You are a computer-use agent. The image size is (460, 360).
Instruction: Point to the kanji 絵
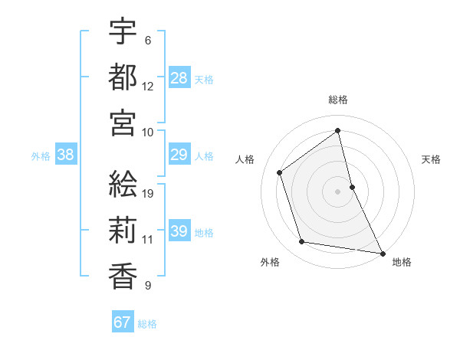pos(123,183)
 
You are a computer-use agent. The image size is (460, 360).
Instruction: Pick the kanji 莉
pos(123,229)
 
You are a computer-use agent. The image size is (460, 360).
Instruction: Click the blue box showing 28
pos(179,77)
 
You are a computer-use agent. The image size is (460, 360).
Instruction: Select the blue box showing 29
pos(179,155)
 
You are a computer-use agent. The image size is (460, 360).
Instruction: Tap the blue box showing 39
pos(179,231)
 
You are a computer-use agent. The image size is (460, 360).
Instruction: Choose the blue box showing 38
pos(66,155)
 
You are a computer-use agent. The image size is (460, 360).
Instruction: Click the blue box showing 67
pos(123,322)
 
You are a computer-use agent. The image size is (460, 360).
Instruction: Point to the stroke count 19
pos(148,193)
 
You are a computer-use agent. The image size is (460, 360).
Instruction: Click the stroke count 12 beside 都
pos(148,87)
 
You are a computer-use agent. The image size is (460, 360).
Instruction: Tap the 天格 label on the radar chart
pos(432,159)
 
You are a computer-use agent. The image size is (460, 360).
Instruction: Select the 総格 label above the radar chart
pos(338,100)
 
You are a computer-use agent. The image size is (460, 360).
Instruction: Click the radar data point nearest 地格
pos(382,252)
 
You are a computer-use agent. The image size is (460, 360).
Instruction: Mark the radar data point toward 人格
pos(279,172)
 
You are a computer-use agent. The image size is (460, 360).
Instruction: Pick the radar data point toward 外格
pos(302,242)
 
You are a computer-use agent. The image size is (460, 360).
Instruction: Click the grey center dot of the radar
pos(338,191)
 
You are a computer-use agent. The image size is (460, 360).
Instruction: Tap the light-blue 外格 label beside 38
pos(41,155)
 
